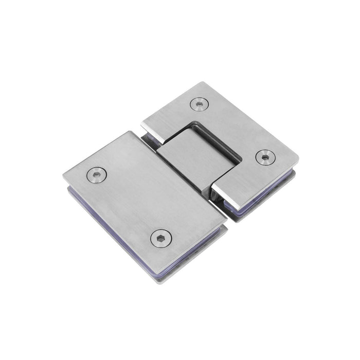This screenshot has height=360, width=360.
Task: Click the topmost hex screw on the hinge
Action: (199, 104)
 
